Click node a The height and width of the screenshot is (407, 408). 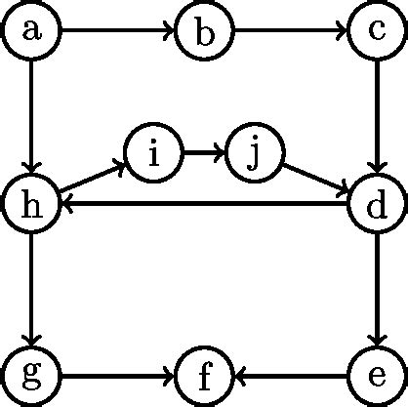32,32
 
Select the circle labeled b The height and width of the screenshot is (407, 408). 204,32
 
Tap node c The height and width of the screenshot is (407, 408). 376,32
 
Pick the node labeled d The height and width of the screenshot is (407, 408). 376,204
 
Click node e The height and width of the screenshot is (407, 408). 376,375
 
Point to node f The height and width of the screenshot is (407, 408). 204,375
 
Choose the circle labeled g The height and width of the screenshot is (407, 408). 32,375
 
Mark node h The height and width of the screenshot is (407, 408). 32,204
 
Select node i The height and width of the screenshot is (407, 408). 153,154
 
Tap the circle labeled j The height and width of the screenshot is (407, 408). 254,154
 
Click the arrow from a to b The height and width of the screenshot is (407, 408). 118,32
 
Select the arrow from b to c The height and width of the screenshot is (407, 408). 290,32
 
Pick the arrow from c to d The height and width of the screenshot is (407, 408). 376,118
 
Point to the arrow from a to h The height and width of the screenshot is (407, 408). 32,118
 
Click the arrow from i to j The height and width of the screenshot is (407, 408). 203,154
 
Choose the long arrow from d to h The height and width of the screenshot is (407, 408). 204,204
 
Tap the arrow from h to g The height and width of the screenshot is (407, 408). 32,290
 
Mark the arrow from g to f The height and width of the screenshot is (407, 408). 118,375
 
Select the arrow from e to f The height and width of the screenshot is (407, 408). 290,375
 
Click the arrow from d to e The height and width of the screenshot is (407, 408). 376,290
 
